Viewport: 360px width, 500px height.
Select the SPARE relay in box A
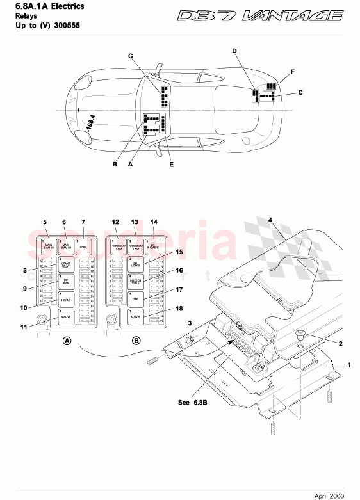[x=83, y=245]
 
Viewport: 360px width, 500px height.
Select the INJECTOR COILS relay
[x=135, y=281]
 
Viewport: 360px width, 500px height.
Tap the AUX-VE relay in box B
[x=135, y=316]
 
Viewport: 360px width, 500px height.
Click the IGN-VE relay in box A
[x=65, y=316]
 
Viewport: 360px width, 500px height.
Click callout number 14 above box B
[x=153, y=222]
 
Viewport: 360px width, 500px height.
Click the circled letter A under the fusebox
[x=66, y=341]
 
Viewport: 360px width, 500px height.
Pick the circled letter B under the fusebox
[x=136, y=341]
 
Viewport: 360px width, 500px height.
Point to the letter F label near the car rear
[x=292, y=72]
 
